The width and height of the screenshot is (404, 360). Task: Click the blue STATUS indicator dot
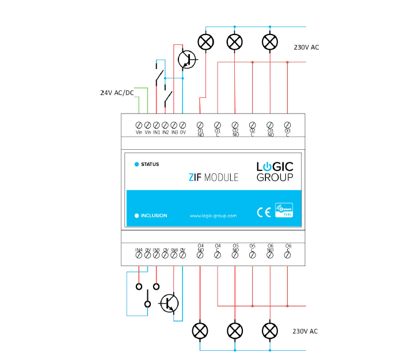coord(136,164)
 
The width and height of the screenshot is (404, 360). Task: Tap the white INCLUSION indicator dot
coord(136,215)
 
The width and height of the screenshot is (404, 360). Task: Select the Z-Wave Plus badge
coord(283,210)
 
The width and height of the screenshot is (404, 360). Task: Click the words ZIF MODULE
coord(214,177)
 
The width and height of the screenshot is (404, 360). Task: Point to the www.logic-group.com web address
coord(213,215)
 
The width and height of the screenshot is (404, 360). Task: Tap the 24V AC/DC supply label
coord(117,92)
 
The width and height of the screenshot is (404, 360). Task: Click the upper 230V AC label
coord(306,47)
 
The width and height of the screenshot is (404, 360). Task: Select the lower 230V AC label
coord(305,331)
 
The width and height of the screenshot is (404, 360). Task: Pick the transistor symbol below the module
coord(170,303)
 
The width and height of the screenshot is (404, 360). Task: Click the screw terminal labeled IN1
coord(157,125)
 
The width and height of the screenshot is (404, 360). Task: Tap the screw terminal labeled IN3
coord(174,125)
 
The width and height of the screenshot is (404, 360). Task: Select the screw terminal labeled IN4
coord(139,255)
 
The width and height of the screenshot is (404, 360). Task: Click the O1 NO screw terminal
coord(200,125)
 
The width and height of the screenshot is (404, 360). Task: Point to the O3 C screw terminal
coord(288,125)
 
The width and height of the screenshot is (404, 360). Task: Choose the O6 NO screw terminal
coord(270,255)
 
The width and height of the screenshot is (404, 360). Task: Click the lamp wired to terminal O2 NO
coord(235,42)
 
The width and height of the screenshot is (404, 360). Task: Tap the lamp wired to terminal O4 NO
coord(200,331)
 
